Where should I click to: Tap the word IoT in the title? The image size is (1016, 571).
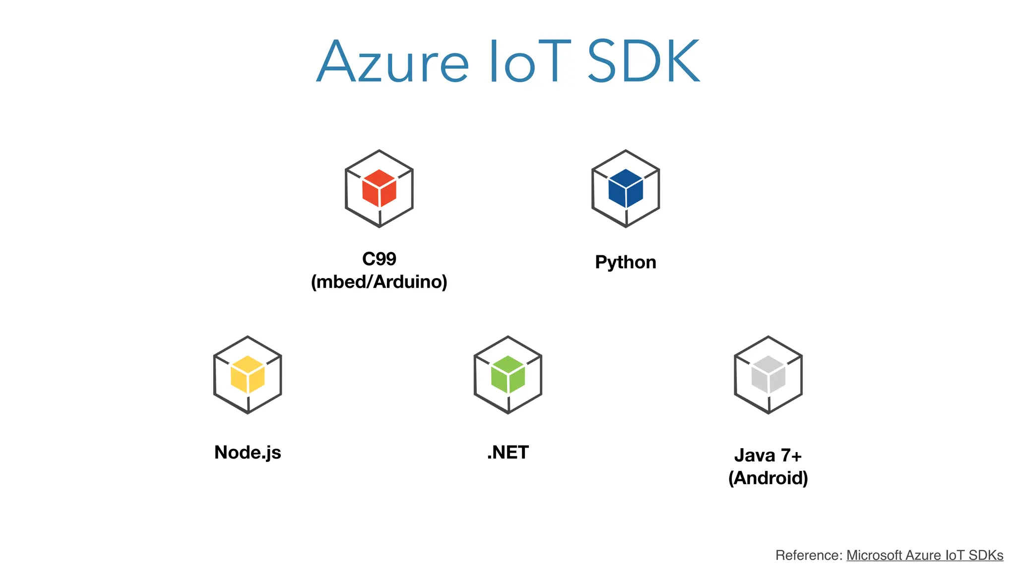pos(529,62)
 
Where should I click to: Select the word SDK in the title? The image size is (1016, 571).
pos(643,62)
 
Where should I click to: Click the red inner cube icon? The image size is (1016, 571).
pos(379,188)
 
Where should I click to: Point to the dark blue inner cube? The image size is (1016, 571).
pos(626,188)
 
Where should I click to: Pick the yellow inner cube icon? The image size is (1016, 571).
pos(248,375)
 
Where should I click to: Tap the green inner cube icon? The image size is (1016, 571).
pos(508,375)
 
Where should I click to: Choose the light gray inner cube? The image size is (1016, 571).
pos(768,375)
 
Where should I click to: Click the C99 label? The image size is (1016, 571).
pos(379,259)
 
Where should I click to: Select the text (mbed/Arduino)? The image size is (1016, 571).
pos(379,282)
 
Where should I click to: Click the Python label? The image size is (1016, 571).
pos(626,262)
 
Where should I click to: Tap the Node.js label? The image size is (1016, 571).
pos(248,452)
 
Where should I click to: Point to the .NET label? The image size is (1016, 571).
pos(508,452)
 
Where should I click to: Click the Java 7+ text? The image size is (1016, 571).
pos(768,455)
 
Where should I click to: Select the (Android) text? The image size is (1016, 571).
pos(768,478)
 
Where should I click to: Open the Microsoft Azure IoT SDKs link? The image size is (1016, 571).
pos(924,555)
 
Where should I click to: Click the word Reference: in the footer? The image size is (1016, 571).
pos(809,555)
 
